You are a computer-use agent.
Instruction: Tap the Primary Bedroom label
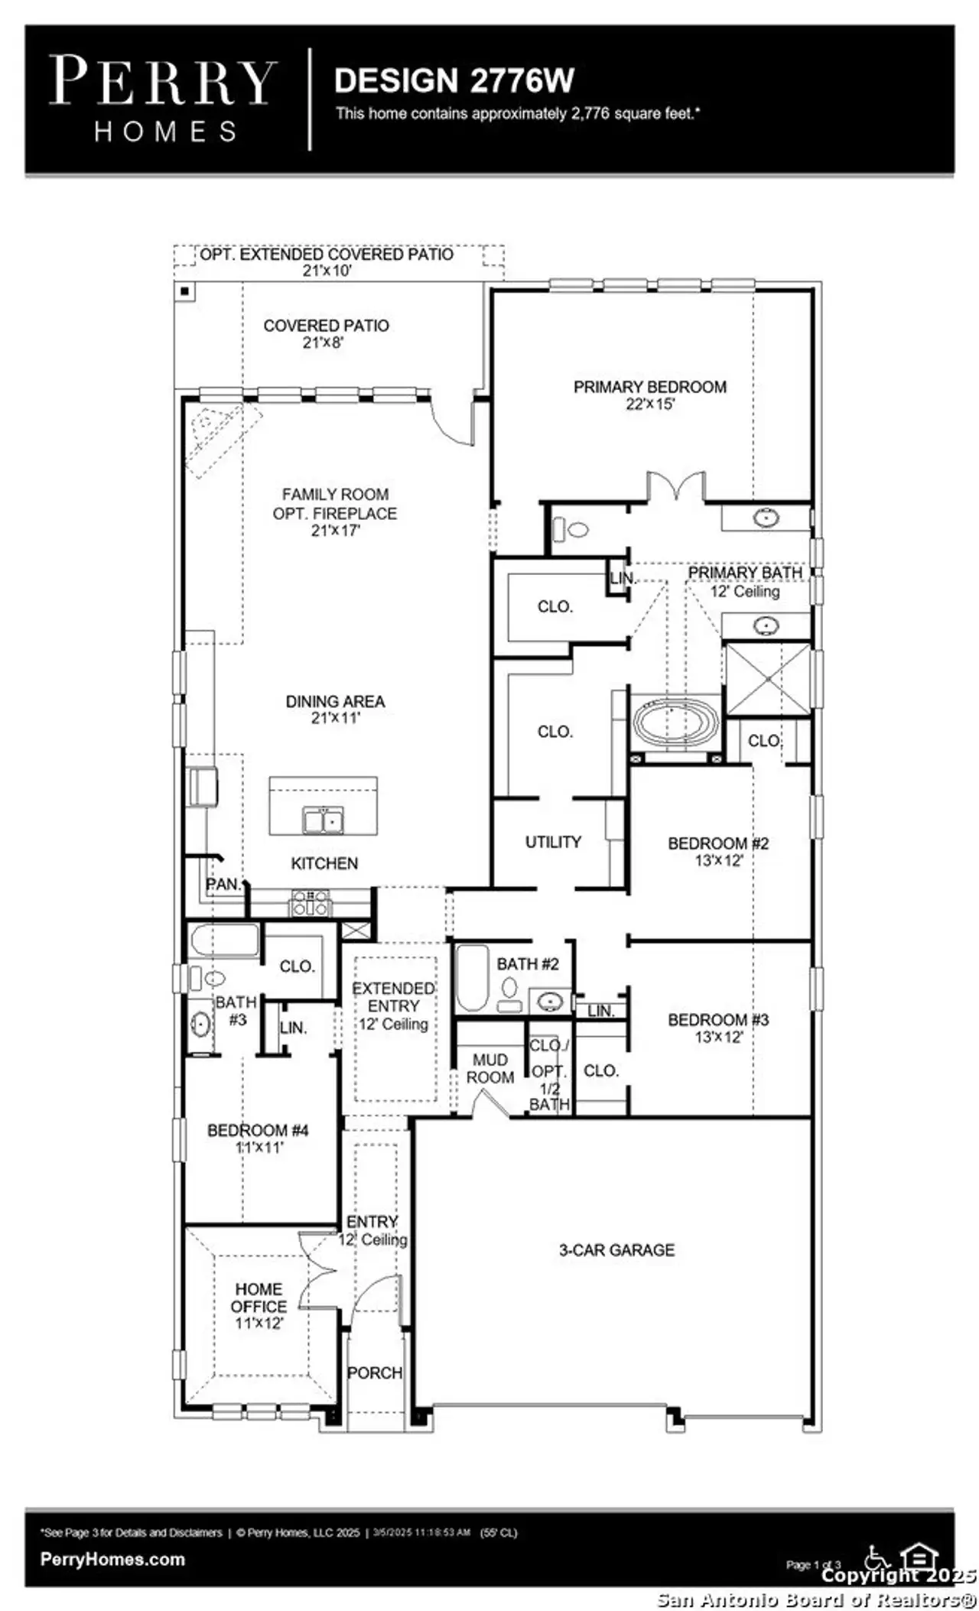(x=650, y=395)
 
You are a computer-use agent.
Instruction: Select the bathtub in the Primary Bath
(x=675, y=721)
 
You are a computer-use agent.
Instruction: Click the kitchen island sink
(x=323, y=820)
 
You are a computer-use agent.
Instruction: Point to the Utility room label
(x=553, y=842)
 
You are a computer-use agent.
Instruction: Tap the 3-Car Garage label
(x=616, y=1250)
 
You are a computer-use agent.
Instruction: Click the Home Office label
(x=259, y=1306)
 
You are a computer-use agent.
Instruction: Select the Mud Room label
(x=489, y=1068)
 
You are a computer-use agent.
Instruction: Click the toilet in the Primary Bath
(x=571, y=528)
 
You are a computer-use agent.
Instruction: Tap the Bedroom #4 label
(x=259, y=1138)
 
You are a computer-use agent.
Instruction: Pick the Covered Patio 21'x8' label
(x=326, y=333)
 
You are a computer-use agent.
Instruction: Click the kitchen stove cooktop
(x=310, y=903)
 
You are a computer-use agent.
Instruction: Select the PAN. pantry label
(x=223, y=885)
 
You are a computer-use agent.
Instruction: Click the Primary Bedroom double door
(x=675, y=488)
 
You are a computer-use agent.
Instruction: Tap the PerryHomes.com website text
(x=112, y=1559)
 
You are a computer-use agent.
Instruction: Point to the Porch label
(x=374, y=1372)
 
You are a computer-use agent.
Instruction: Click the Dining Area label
(x=335, y=709)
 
